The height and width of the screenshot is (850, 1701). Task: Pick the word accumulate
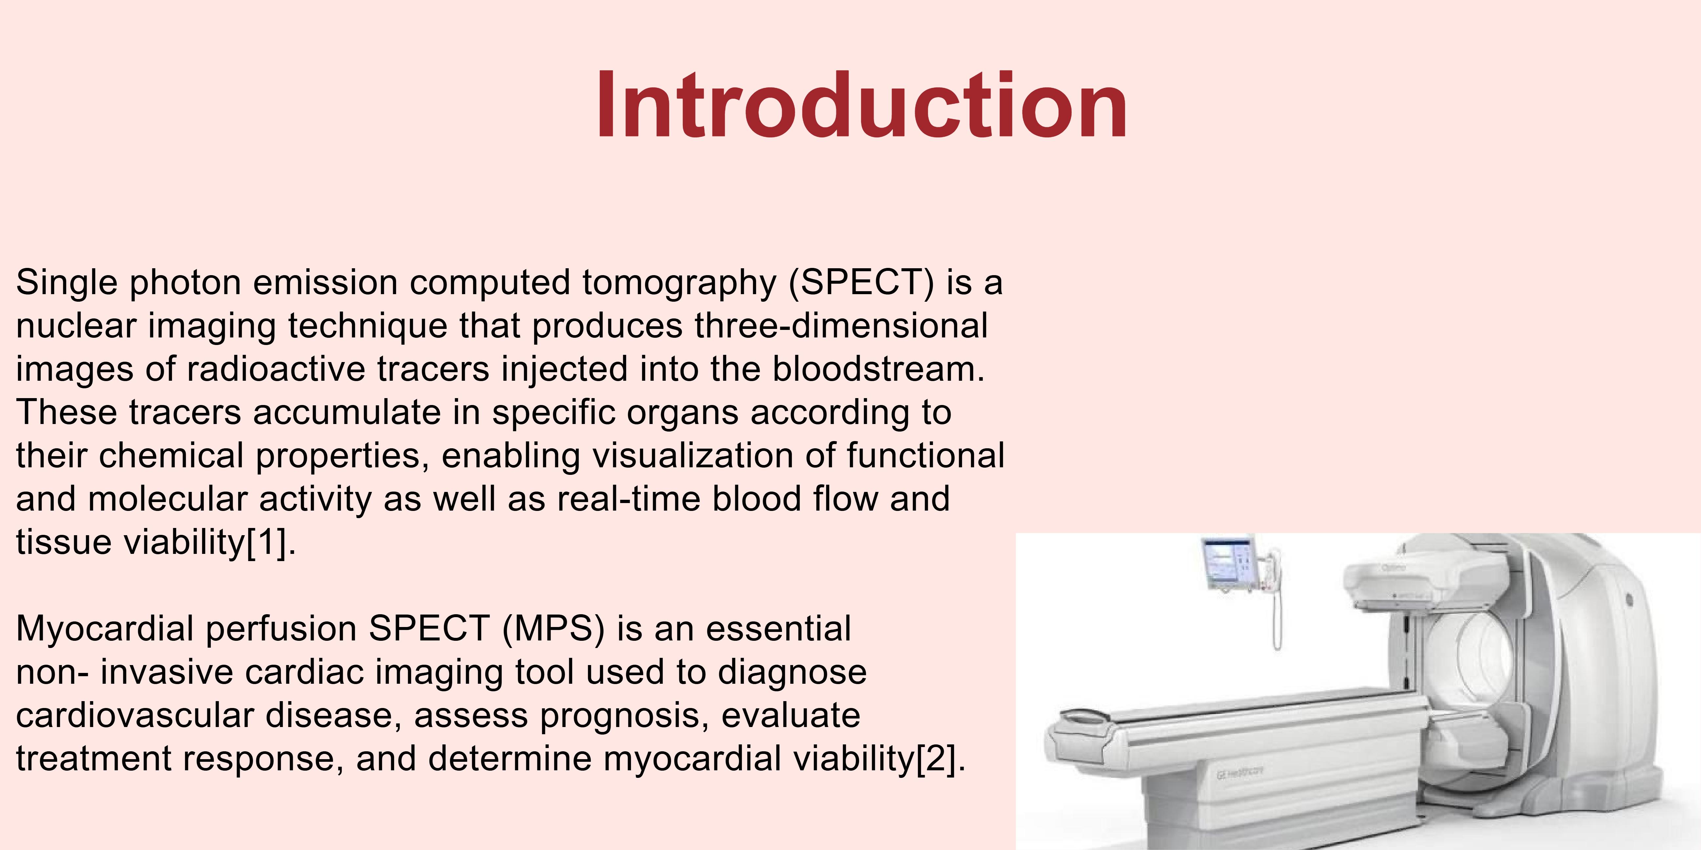coord(347,413)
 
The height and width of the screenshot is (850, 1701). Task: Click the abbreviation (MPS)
coord(553,629)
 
